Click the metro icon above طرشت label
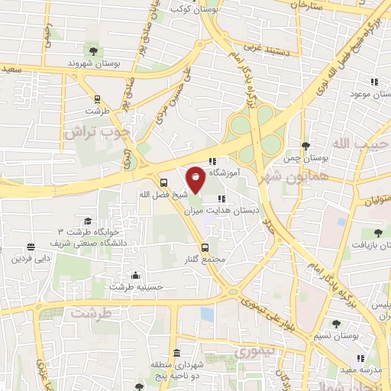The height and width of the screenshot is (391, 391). coord(97,99)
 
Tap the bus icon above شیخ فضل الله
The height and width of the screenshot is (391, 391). coord(164,182)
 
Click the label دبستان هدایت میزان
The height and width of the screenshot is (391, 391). coord(227,209)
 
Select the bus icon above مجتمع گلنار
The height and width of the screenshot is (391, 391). coord(205,247)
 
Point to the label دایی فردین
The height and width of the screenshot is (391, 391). coord(31,258)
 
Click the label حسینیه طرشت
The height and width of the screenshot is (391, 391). coord(131,287)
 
